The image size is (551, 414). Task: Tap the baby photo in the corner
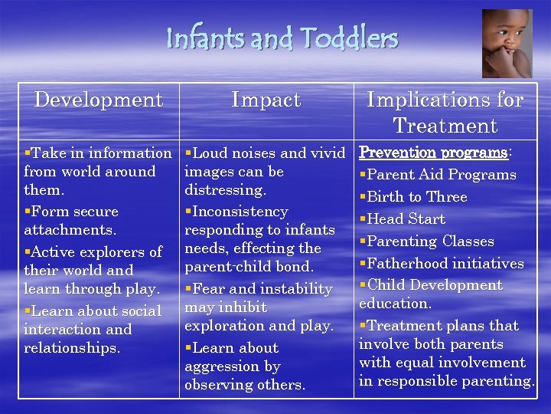pos(507,43)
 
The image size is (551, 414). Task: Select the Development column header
pos(99,100)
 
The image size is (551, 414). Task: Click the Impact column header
pos(266,100)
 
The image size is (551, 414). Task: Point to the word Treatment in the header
pos(445,125)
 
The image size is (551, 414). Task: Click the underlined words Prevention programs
pos(433,153)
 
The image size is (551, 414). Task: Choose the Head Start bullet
pos(406,219)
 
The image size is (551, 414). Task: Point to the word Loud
pos(215,153)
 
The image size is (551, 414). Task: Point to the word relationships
pos(72,347)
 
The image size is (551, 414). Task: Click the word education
pos(396,304)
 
